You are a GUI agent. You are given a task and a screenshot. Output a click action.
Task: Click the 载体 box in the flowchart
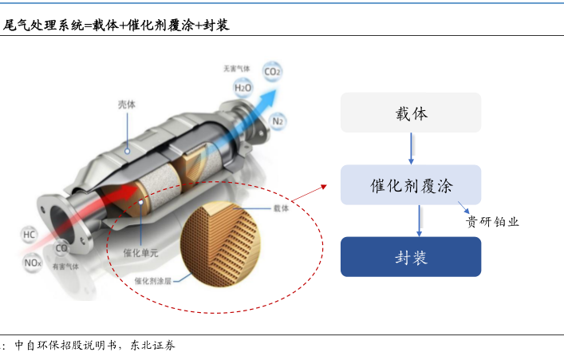pos(411,113)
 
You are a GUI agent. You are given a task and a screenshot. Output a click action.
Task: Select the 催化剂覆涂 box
pos(411,185)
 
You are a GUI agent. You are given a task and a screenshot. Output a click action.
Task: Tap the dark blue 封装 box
pos(411,256)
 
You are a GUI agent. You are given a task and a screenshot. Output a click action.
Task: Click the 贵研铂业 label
pos(492,222)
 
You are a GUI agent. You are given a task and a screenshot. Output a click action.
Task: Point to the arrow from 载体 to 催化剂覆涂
pos(411,148)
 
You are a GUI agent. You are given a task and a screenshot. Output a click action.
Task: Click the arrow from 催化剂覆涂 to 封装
pos(417,220)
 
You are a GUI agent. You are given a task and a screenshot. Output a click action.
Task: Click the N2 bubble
pos(278,121)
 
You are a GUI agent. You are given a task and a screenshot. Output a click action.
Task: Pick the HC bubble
pos(30,235)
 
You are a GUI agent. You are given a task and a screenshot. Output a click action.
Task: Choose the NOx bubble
pos(32,262)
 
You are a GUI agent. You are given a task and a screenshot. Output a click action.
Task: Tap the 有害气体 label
pos(65,267)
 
